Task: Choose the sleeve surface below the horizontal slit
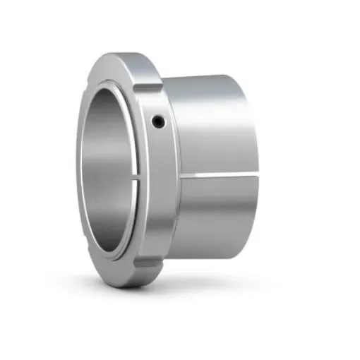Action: coord(219,212)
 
